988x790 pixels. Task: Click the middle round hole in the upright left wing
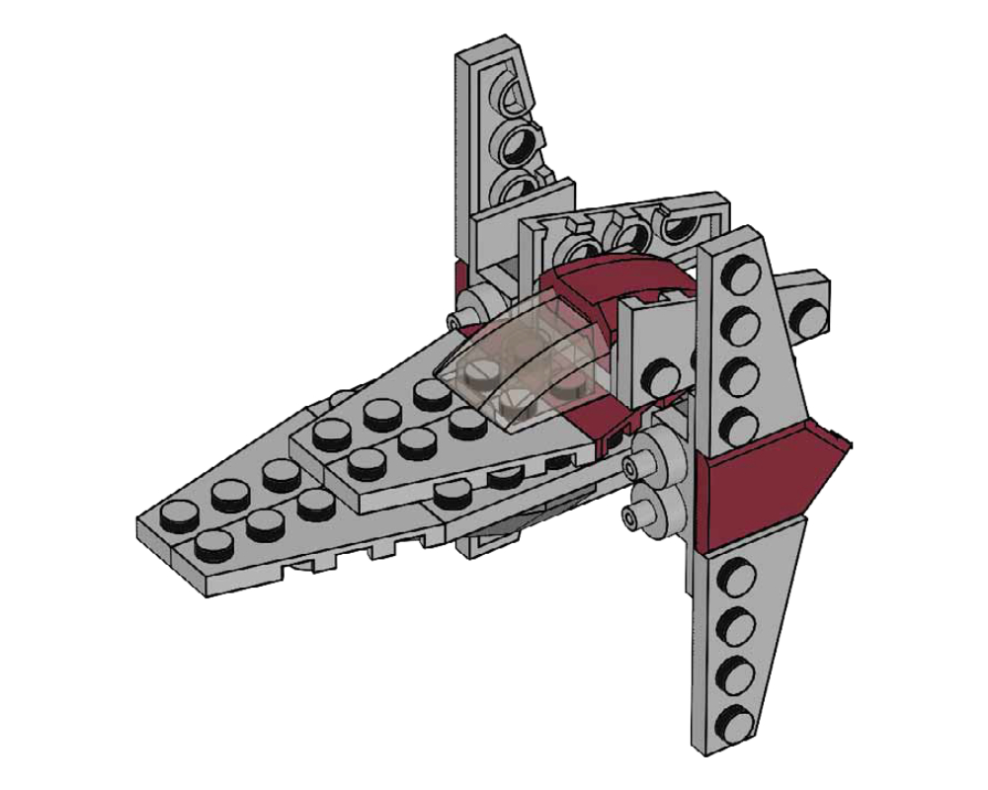(x=517, y=146)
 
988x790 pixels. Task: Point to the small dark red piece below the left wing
(x=459, y=277)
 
